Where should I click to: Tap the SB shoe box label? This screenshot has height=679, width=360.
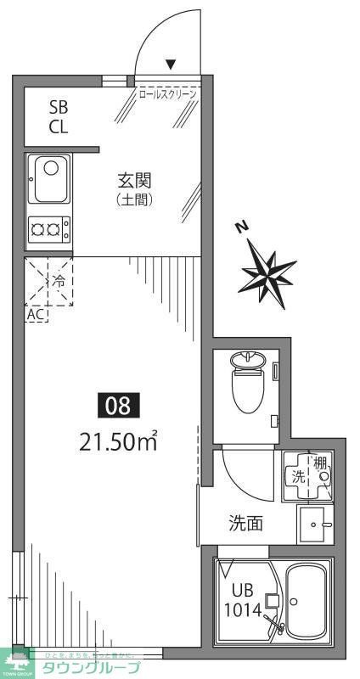click(x=58, y=108)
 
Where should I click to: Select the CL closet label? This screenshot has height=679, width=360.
click(x=58, y=127)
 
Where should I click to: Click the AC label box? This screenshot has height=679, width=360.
click(x=37, y=314)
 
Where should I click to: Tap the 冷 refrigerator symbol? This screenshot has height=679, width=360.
click(x=58, y=279)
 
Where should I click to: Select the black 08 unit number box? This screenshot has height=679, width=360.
click(x=119, y=406)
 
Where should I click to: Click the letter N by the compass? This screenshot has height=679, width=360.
click(x=242, y=227)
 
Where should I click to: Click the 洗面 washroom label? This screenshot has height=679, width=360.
click(x=245, y=524)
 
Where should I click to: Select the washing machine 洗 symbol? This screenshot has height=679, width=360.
click(x=300, y=477)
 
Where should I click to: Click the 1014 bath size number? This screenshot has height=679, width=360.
click(x=243, y=609)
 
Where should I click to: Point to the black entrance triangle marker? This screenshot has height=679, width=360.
click(x=171, y=64)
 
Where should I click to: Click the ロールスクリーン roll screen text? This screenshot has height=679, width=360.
click(x=167, y=93)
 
